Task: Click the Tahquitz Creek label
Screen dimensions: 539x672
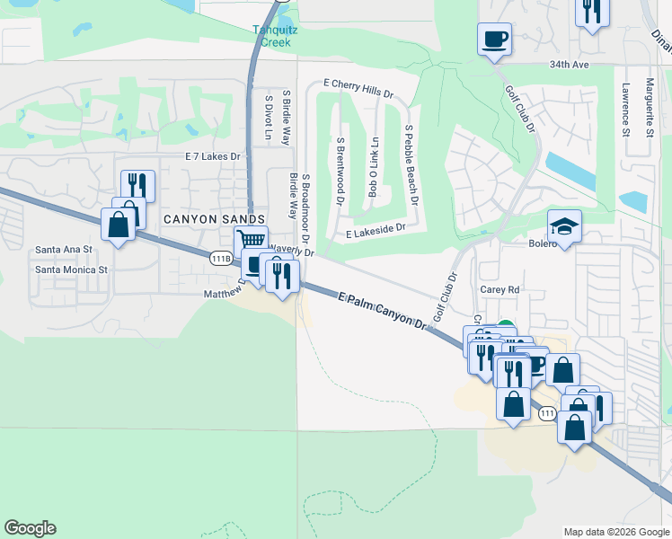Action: click(275, 34)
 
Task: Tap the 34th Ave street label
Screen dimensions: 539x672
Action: click(570, 65)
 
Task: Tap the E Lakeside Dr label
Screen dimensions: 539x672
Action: click(376, 231)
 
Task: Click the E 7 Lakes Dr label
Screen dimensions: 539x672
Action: click(213, 156)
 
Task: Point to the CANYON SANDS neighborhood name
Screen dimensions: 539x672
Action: click(214, 219)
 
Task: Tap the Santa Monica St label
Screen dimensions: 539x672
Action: click(71, 269)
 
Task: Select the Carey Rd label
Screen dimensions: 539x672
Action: click(500, 290)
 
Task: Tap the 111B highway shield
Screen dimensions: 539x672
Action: click(220, 258)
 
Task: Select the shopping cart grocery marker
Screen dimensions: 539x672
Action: click(252, 240)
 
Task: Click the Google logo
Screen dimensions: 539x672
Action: click(30, 528)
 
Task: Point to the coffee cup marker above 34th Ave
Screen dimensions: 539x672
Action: click(494, 40)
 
